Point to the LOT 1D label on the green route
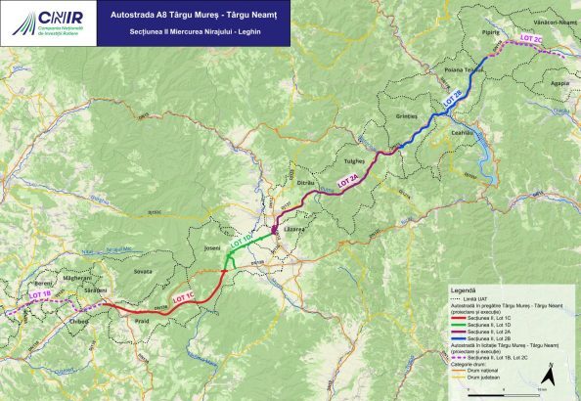click(241, 241)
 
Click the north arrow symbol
click(550, 374)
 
